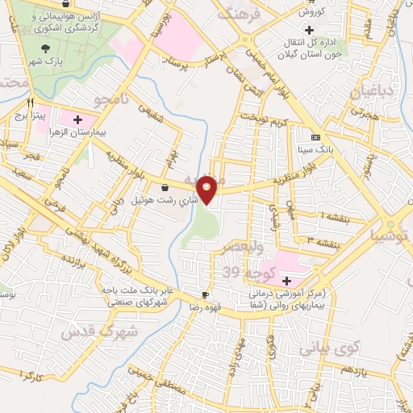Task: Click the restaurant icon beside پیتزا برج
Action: pyautogui.click(x=31, y=102)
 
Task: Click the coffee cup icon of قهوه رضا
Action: pyautogui.click(x=205, y=294)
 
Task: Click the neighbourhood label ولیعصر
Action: pyautogui.click(x=243, y=248)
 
